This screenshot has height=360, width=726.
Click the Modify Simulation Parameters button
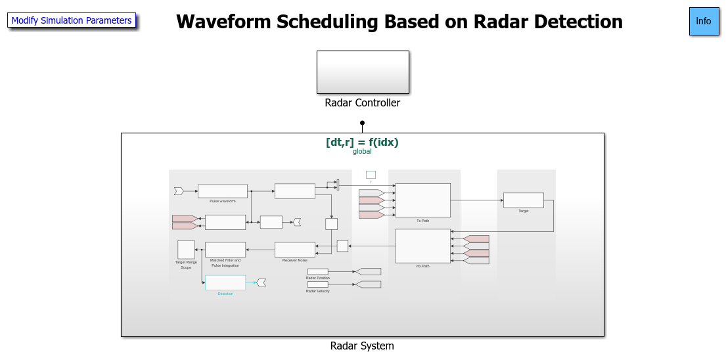72,20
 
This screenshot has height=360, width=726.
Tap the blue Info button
704,21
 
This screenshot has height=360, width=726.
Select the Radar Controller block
363,72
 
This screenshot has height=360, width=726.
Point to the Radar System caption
362,346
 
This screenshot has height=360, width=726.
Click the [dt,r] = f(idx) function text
362,142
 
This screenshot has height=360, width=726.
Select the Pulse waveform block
222,191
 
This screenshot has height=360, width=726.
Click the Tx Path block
422,200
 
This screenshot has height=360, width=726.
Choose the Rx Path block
422,246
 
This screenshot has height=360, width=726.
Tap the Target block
523,200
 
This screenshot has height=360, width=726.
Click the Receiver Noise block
294,250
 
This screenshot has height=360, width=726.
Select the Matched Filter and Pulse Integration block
225,250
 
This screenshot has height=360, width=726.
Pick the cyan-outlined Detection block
225,282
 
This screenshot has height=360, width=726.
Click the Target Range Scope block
186,250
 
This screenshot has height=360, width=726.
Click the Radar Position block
317,271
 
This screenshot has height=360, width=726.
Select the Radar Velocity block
317,284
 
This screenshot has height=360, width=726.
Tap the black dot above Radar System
362,122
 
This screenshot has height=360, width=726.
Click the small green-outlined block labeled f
371,175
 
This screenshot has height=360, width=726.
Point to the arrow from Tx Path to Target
476,200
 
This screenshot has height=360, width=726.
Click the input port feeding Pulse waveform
178,191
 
